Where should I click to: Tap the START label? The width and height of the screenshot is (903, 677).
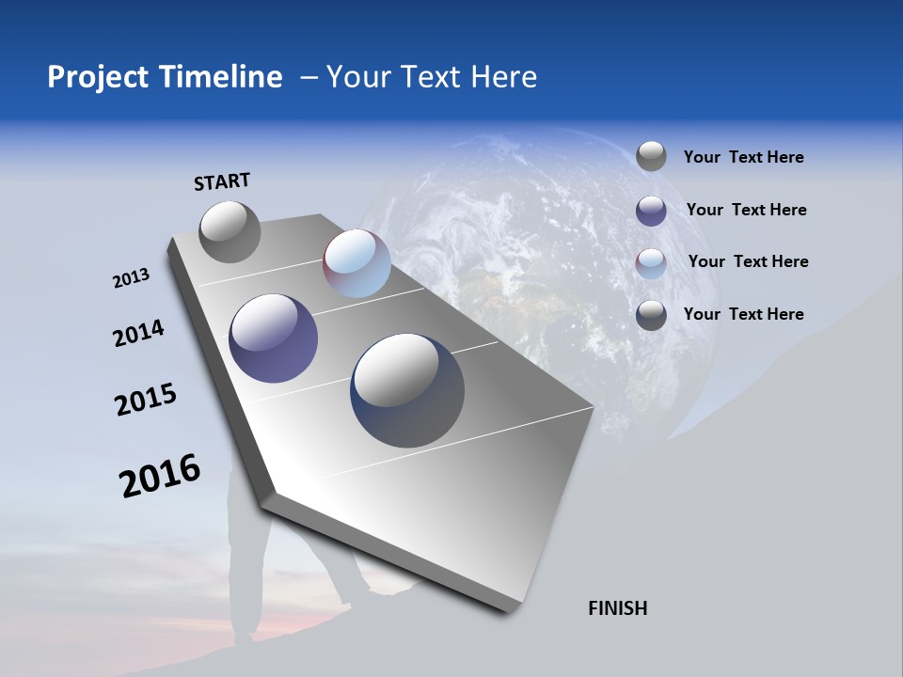[222, 181]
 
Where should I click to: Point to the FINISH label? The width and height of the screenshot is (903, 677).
[617, 608]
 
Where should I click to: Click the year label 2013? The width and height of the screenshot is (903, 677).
[131, 278]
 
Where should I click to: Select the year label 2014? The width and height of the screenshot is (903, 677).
[138, 334]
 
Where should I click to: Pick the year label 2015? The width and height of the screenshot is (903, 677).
[146, 400]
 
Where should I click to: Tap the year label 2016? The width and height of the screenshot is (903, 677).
[160, 476]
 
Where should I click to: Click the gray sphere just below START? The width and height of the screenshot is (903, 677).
[230, 231]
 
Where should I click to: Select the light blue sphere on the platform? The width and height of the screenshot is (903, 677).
[356, 263]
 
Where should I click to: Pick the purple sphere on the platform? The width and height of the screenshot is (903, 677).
[273, 338]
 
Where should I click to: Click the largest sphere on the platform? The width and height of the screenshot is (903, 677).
[407, 390]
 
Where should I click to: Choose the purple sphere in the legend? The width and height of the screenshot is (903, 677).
[651, 211]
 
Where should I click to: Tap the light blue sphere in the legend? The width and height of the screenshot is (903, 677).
[651, 263]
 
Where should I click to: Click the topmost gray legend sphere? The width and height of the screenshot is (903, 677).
[651, 156]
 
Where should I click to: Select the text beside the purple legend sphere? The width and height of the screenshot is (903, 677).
[746, 210]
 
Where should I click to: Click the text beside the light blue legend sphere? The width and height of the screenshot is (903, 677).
[748, 261]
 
